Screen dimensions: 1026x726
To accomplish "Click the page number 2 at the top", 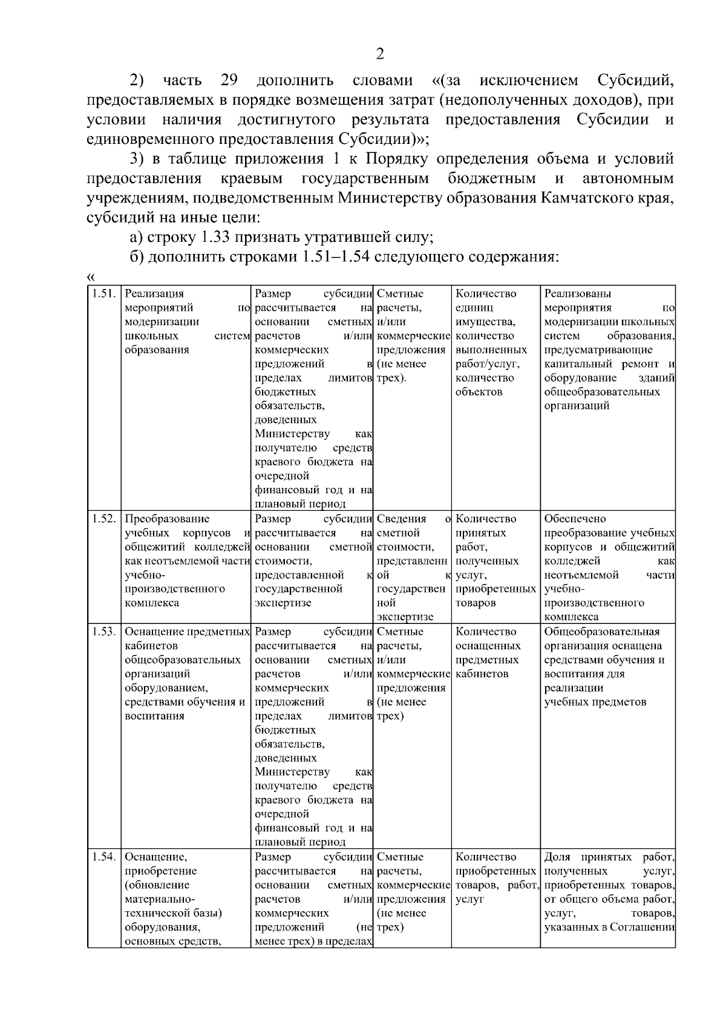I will click(380, 54).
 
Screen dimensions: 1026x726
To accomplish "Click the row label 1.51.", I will click(103, 294).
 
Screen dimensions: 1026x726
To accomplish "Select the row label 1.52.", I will click(103, 519).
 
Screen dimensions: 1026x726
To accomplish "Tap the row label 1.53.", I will click(103, 632).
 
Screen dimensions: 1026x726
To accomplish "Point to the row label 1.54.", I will click(103, 857).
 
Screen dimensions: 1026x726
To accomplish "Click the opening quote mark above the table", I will click(91, 277).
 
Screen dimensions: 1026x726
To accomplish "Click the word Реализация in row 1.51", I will click(154, 294).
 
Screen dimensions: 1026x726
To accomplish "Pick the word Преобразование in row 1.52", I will click(167, 519).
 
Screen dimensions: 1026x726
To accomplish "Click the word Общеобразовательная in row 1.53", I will click(601, 632).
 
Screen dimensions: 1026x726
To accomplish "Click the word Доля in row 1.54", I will click(557, 857).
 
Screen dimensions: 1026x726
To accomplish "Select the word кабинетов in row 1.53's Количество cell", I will click(482, 674).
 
